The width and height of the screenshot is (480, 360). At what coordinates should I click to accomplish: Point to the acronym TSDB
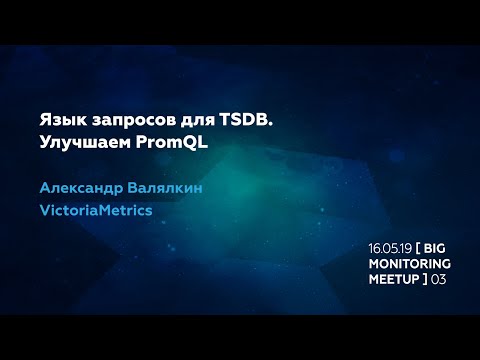pyautogui.click(x=246, y=121)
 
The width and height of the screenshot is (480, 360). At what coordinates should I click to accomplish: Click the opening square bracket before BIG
pyautogui.click(x=419, y=247)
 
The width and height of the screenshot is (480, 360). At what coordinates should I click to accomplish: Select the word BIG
pyautogui.click(x=437, y=247)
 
